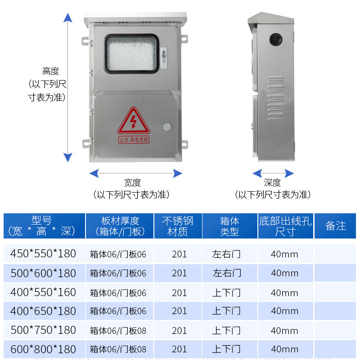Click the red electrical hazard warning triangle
point(133,121)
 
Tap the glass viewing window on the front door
point(132,54)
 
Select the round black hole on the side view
point(275,40)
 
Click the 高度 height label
point(51,71)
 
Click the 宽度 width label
point(132,183)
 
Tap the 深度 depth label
point(272,183)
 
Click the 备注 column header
point(336,226)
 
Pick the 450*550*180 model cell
point(43,253)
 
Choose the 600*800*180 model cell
point(43,349)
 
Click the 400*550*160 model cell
point(43,292)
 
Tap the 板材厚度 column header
point(120,226)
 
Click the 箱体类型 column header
point(229,226)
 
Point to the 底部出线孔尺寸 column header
point(285,226)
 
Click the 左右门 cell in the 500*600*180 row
point(227,273)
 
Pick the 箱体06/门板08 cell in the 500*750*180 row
point(118,331)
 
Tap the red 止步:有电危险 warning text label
point(134,140)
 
